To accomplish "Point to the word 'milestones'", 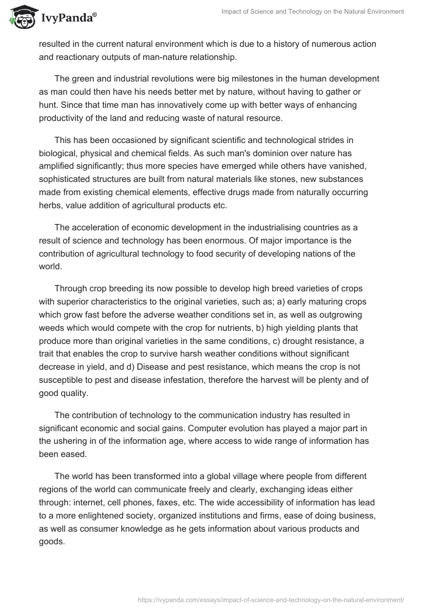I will click(234, 79).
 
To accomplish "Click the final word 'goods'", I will click(51, 542).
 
